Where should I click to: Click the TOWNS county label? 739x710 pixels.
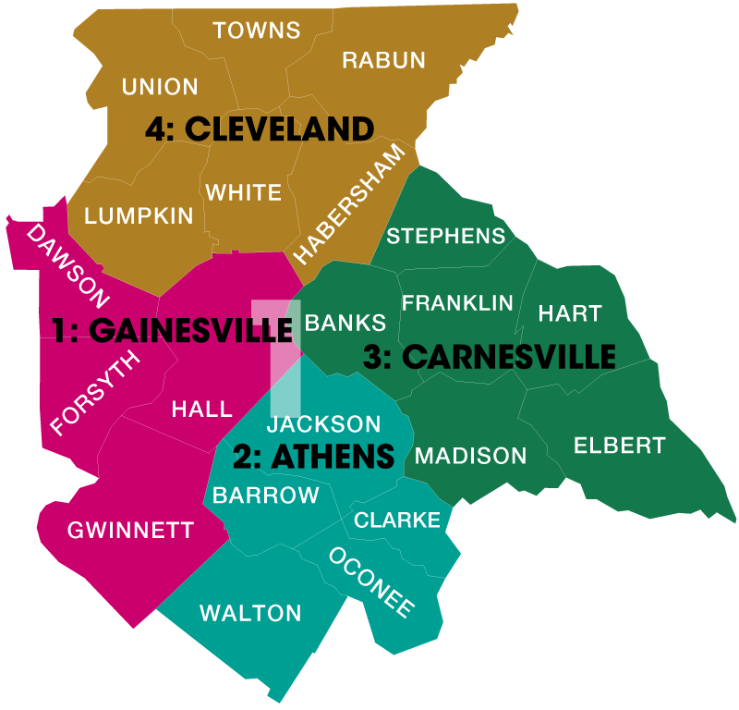(257, 31)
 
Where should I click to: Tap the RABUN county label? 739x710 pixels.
(383, 60)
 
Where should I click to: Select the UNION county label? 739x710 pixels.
(160, 87)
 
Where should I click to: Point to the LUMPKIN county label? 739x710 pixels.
(139, 216)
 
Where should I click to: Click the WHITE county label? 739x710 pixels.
(243, 192)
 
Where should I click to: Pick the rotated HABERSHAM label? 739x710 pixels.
(349, 204)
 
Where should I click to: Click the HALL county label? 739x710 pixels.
(201, 410)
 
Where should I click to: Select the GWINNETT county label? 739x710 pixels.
(130, 531)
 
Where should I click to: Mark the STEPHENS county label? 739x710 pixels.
(446, 236)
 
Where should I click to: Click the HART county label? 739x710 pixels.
(570, 313)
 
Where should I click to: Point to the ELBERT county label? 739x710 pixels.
(619, 446)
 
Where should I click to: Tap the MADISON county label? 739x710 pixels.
(470, 456)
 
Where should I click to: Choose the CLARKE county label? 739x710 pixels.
(397, 520)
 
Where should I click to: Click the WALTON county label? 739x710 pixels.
(250, 613)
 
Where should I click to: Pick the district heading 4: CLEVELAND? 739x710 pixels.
(259, 129)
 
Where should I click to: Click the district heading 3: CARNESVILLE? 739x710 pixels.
(489, 357)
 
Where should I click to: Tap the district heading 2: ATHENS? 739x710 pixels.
(313, 456)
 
